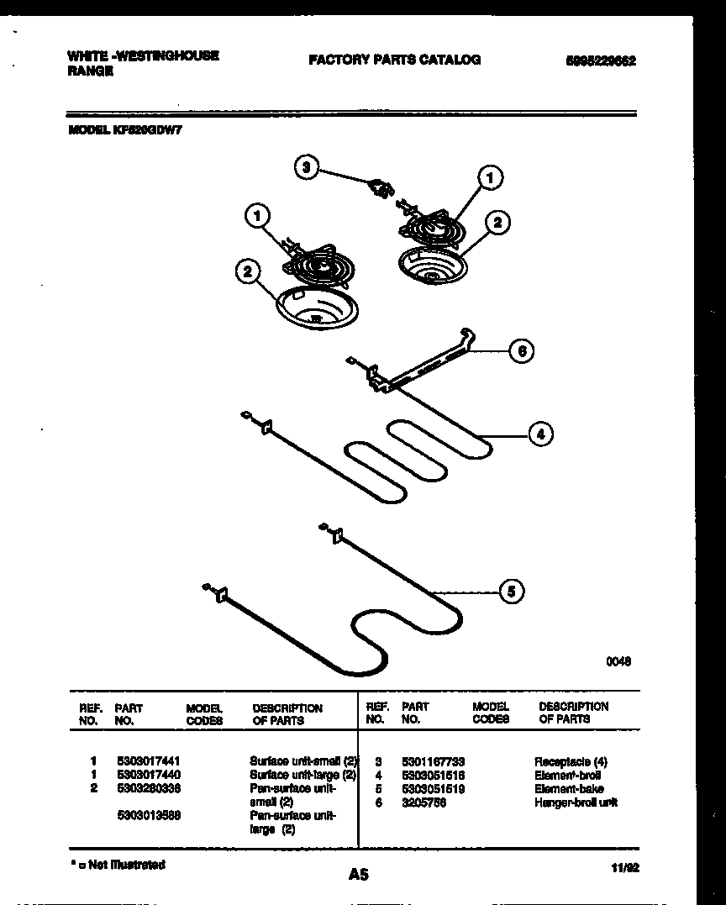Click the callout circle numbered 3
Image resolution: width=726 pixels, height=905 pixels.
[307, 167]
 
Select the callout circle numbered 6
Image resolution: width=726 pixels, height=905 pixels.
[522, 351]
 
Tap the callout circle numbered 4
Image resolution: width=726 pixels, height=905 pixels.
[540, 434]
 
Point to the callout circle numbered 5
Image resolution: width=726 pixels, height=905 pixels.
[510, 592]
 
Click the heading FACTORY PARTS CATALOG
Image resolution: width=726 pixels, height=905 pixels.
[394, 60]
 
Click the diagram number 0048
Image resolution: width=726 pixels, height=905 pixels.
[618, 661]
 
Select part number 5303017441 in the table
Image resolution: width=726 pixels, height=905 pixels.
[149, 759]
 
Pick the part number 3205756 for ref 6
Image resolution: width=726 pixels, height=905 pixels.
[423, 802]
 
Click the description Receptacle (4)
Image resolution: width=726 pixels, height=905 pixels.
[571, 760]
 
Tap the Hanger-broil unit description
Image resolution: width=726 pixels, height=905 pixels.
[576, 802]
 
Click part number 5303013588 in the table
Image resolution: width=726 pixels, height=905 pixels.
[149, 816]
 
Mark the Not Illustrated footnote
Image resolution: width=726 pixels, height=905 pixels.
[118, 865]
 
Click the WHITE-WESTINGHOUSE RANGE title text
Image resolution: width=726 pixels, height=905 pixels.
[142, 63]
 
